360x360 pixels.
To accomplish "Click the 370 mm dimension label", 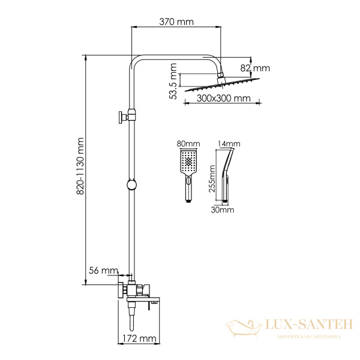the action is point(176,22).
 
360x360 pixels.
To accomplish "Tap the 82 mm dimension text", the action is point(255,68).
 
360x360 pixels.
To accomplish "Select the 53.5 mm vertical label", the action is point(173,81).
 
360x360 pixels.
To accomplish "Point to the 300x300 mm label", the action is point(223,98).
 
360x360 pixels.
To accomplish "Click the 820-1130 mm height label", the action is point(80,166).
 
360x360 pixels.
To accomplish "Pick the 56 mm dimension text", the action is point(104,271).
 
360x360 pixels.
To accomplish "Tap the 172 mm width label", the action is point(139,338).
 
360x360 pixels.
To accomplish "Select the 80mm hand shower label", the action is point(188,144).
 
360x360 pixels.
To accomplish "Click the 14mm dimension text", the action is point(229,144).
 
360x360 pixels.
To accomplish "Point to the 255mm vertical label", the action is point(212,179).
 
